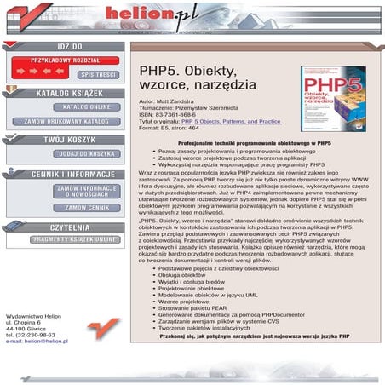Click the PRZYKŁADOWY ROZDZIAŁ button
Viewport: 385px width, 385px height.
pos(65,60)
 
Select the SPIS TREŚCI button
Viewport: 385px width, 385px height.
pos(98,74)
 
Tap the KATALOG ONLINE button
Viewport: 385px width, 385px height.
pos(86,107)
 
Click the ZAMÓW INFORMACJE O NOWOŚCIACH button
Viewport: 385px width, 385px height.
pos(86,191)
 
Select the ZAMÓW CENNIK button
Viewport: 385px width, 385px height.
pos(86,207)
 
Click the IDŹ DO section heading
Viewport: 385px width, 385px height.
pos(70,46)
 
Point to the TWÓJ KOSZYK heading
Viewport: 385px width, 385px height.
pos(70,139)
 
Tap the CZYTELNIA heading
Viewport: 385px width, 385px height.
pos(70,227)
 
